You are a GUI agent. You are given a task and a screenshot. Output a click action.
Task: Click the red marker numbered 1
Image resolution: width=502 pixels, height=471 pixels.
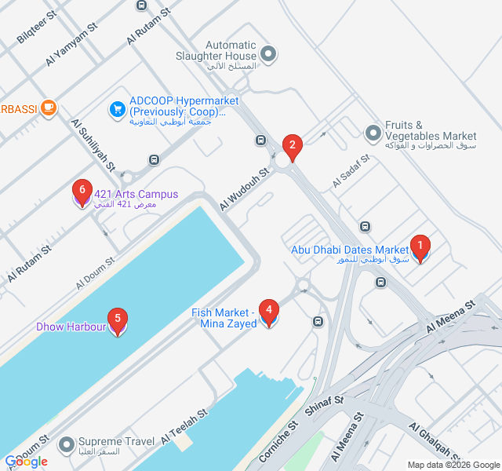(x=420, y=249)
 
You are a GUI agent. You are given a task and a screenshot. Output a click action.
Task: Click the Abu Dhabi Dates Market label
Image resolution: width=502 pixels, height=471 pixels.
(x=350, y=254)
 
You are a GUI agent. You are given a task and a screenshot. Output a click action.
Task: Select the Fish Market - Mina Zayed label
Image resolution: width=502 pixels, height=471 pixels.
(x=224, y=318)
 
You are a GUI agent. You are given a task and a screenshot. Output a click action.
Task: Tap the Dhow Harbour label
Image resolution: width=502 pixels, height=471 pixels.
(x=71, y=327)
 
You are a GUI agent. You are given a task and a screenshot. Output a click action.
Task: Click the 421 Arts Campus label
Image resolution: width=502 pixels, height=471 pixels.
(x=136, y=199)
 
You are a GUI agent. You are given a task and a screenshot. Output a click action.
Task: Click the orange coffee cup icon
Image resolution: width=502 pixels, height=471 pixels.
(x=49, y=108)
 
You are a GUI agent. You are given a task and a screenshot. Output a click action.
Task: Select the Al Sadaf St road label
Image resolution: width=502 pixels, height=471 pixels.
(x=350, y=170)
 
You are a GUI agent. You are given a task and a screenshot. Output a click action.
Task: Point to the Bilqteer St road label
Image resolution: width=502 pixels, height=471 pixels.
(x=37, y=27)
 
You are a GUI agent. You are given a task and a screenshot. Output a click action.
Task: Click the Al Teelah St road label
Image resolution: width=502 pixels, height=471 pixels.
(x=184, y=425)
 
